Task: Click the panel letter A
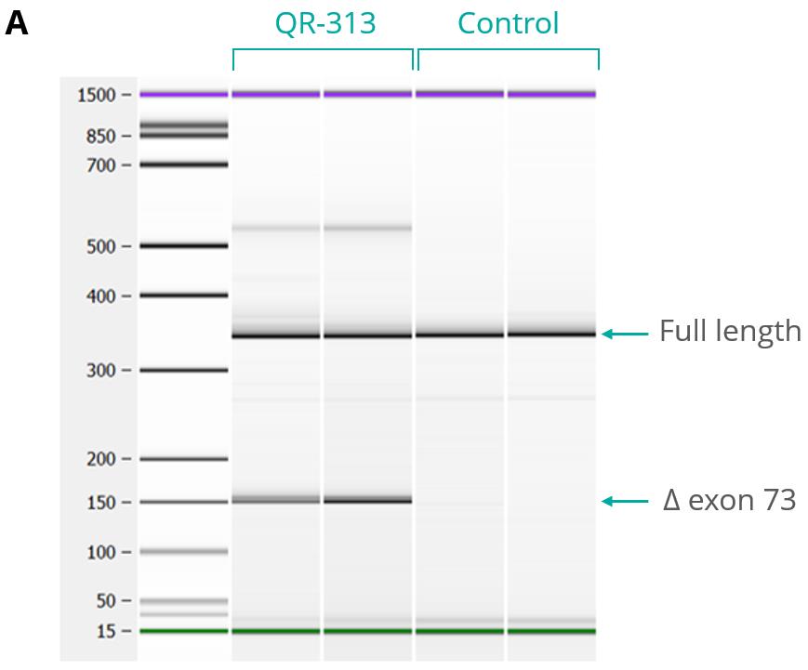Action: point(16,23)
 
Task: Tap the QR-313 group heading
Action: point(325,23)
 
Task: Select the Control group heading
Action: point(508,23)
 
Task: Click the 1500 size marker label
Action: point(96,96)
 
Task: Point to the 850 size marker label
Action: point(101,137)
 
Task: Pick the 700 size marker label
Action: point(101,165)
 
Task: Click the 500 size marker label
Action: point(101,246)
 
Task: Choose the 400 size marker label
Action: point(101,296)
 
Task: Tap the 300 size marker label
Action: point(101,370)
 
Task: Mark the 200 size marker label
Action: point(101,459)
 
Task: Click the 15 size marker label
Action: point(106,631)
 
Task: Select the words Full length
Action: point(730,331)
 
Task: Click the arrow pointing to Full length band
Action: point(625,335)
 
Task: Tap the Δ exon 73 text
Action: point(730,500)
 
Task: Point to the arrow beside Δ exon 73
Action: point(625,501)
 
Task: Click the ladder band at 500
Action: point(183,245)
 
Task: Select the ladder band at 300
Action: point(183,370)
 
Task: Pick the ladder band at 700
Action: point(183,164)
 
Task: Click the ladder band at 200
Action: point(183,459)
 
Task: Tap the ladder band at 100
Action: point(183,552)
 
